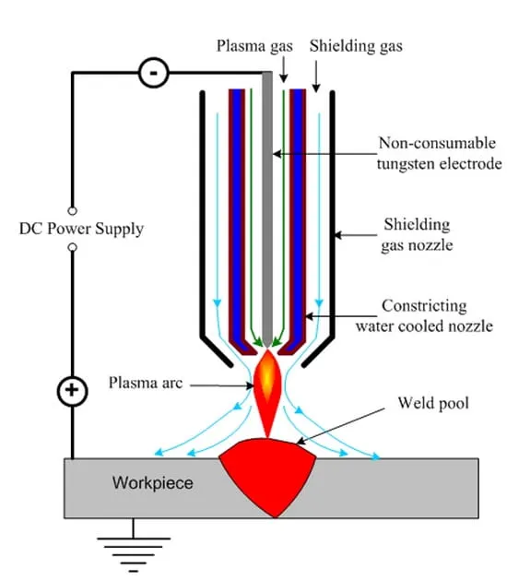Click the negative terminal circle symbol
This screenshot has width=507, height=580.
click(x=153, y=73)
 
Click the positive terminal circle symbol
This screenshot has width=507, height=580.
click(x=72, y=391)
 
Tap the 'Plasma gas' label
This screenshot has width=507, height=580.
click(x=254, y=47)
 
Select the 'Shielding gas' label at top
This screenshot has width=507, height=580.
click(x=356, y=46)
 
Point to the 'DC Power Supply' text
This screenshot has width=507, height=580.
click(x=81, y=229)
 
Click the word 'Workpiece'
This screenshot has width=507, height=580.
click(x=153, y=483)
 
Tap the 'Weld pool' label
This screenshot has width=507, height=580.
click(x=433, y=403)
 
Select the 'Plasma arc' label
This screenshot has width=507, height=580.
click(x=146, y=383)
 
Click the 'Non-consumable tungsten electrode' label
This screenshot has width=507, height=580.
click(x=439, y=153)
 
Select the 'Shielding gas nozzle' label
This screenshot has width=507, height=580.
click(x=418, y=235)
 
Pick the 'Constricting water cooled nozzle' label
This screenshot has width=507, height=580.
click(x=424, y=316)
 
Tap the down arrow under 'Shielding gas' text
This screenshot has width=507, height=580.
click(x=316, y=77)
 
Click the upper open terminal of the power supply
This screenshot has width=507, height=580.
click(x=73, y=211)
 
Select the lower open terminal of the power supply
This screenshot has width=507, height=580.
click(x=73, y=247)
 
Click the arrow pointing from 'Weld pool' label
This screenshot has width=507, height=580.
click(x=340, y=427)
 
